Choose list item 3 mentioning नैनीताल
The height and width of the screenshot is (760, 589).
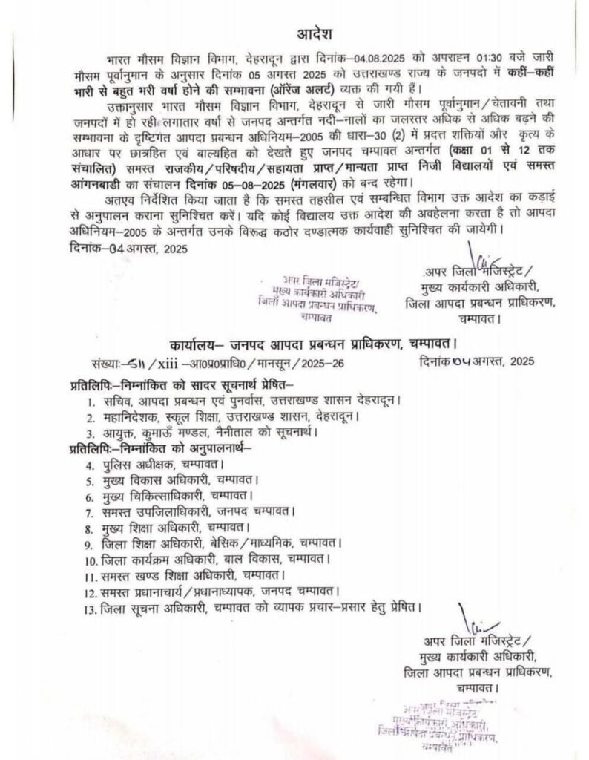point(205,432)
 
